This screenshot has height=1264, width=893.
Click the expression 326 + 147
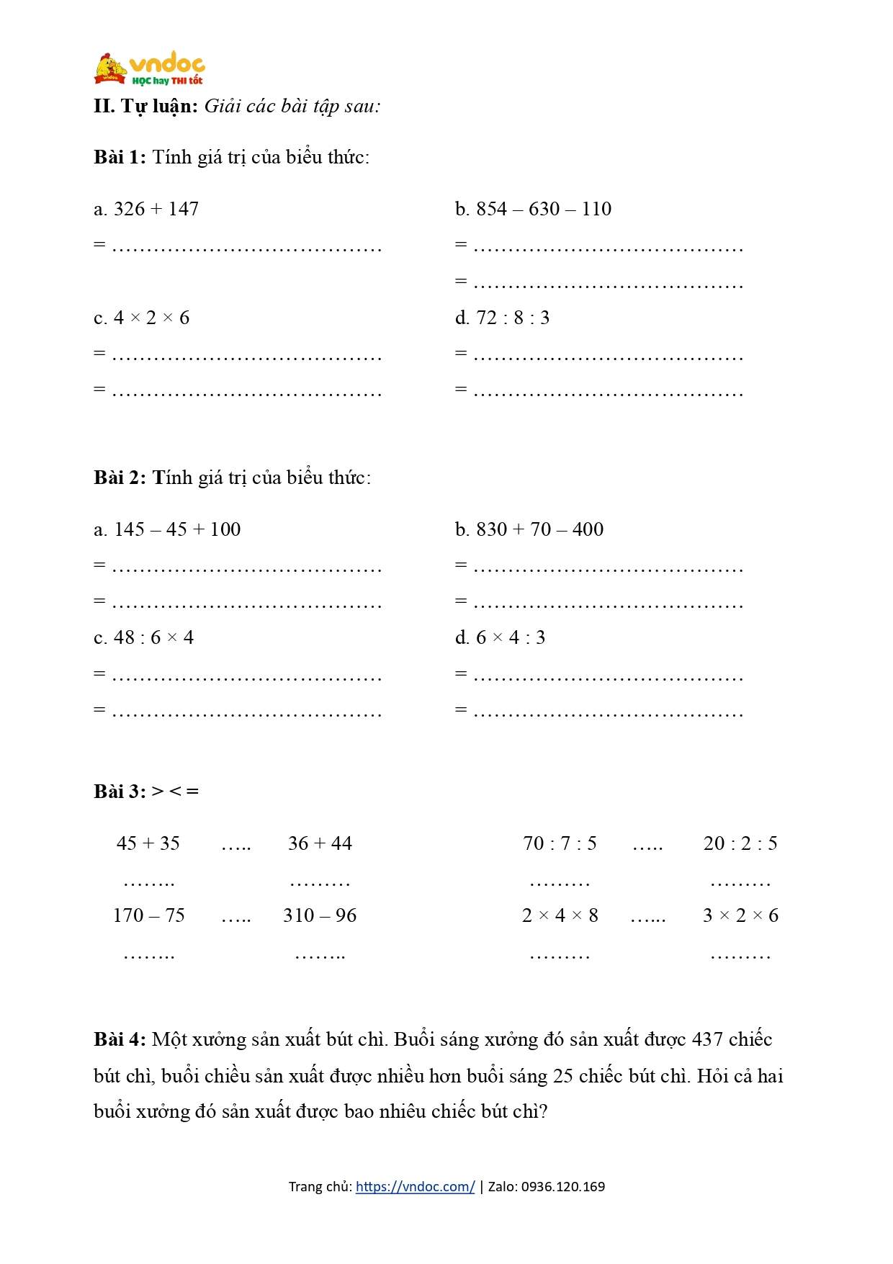point(156,209)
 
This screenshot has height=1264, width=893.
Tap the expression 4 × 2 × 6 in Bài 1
point(151,318)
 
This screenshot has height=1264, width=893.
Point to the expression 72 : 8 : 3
point(512,318)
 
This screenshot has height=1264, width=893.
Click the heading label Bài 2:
point(120,478)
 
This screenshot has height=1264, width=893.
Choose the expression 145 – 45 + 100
point(176,529)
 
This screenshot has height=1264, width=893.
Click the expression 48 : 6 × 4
point(153,637)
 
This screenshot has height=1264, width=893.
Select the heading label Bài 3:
point(120,792)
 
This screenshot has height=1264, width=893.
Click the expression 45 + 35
point(148,843)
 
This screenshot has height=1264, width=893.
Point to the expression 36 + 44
point(320,843)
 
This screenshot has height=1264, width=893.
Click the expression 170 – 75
point(148,915)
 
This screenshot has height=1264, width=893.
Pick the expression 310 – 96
point(320,915)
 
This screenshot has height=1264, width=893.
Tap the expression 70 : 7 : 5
point(560,843)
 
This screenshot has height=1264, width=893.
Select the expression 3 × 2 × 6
point(740,915)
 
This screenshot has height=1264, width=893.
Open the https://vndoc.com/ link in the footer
point(415,1186)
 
